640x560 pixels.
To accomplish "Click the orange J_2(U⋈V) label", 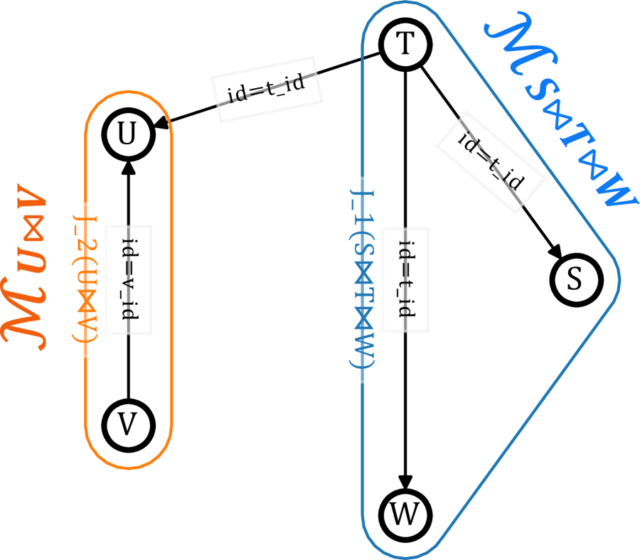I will click(85, 280).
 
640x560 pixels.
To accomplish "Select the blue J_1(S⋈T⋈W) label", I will click(362, 279).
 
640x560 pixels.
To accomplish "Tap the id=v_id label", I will click(129, 279).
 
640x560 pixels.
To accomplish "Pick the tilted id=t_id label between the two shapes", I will click(267, 90).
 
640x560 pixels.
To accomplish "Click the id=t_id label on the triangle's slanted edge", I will click(490, 162).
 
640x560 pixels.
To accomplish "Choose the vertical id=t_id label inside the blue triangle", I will click(405, 279).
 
